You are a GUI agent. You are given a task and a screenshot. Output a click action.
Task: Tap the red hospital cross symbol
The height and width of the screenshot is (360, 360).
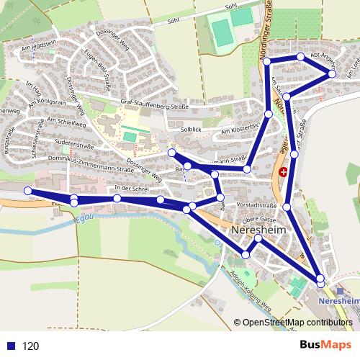(x=284, y=173)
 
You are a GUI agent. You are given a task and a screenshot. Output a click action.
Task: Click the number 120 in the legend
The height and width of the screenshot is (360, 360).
(x=30, y=346)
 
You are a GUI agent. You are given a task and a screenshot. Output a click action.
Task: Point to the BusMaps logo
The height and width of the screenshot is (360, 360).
(x=321, y=345)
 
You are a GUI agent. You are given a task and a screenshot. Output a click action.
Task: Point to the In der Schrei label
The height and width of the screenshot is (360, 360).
(x=131, y=189)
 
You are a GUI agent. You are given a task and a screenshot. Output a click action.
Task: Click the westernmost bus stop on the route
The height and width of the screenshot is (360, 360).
(x=28, y=191)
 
